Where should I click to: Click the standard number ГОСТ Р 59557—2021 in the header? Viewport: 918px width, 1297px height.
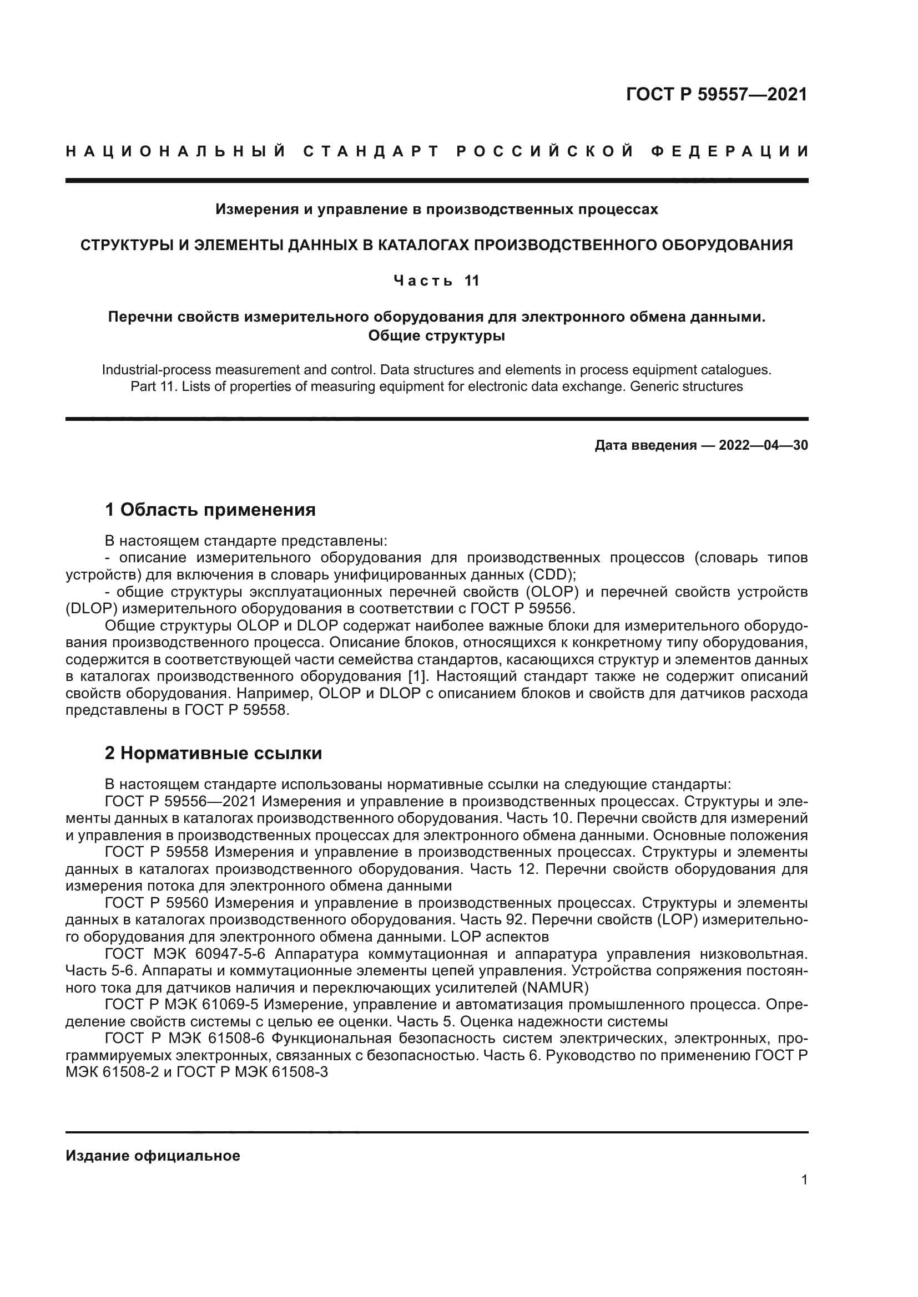tap(716, 94)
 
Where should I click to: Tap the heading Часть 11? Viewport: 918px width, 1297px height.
tap(436, 281)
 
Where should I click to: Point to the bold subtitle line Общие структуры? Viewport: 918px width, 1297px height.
tap(436, 335)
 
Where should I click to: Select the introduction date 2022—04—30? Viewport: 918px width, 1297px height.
tap(763, 446)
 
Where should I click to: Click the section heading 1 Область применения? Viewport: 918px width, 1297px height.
tap(210, 510)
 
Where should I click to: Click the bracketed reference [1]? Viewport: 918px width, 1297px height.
tap(417, 677)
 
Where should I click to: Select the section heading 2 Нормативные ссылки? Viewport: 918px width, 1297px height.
tap(214, 754)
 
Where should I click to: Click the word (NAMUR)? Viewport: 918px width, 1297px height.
tap(557, 988)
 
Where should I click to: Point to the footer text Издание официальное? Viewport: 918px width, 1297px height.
tap(153, 1156)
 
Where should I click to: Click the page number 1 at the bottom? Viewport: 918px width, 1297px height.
tap(804, 1180)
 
